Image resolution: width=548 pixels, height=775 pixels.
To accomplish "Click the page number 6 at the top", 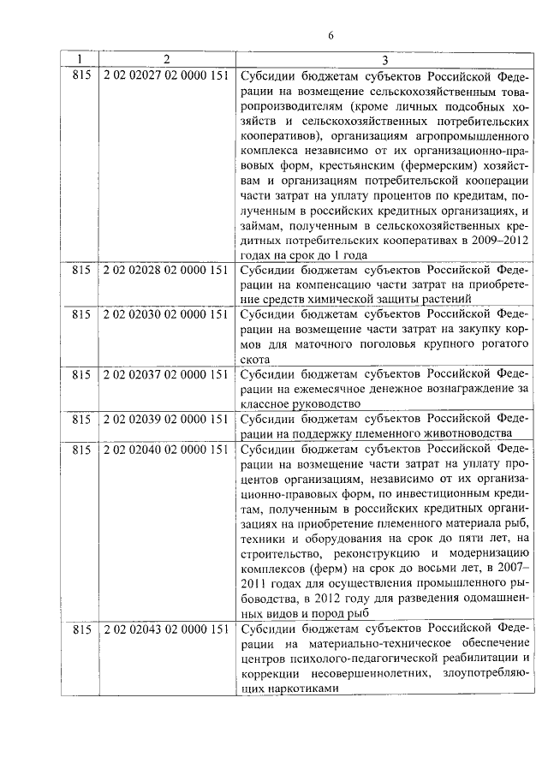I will [330, 33].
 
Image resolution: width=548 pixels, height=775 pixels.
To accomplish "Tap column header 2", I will [166, 60].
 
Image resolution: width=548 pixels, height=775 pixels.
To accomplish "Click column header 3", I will [385, 60].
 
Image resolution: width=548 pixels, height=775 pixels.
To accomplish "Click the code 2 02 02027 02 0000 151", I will [165, 75].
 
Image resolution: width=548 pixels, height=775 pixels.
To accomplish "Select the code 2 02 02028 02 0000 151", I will [165, 269].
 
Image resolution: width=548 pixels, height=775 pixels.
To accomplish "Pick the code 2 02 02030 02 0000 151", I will [165, 314].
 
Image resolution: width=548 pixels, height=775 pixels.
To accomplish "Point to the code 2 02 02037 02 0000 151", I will [165, 374].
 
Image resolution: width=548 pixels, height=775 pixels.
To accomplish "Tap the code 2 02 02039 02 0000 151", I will [165, 419].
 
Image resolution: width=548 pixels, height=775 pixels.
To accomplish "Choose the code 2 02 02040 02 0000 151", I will [165, 448].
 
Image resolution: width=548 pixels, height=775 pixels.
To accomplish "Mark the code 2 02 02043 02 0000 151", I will [165, 629].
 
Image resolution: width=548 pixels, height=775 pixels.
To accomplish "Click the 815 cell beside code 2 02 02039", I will [81, 419].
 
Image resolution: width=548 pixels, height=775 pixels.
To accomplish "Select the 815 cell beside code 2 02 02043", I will [81, 629].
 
